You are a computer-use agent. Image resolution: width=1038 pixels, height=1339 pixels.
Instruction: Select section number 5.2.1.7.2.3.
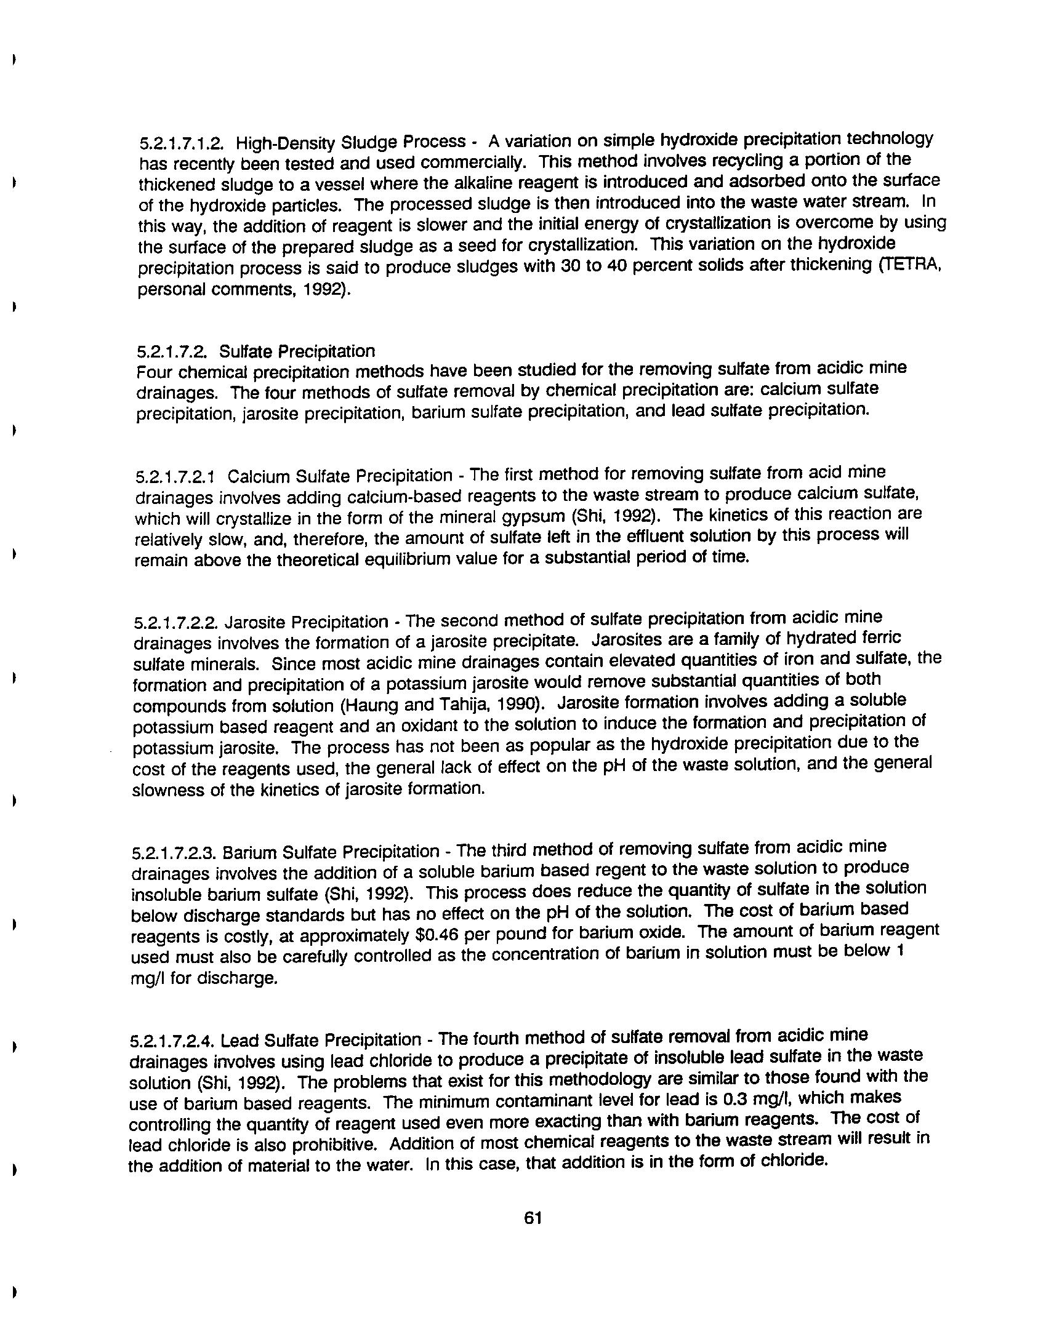point(174,853)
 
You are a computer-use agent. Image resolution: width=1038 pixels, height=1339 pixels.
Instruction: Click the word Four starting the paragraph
point(153,373)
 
